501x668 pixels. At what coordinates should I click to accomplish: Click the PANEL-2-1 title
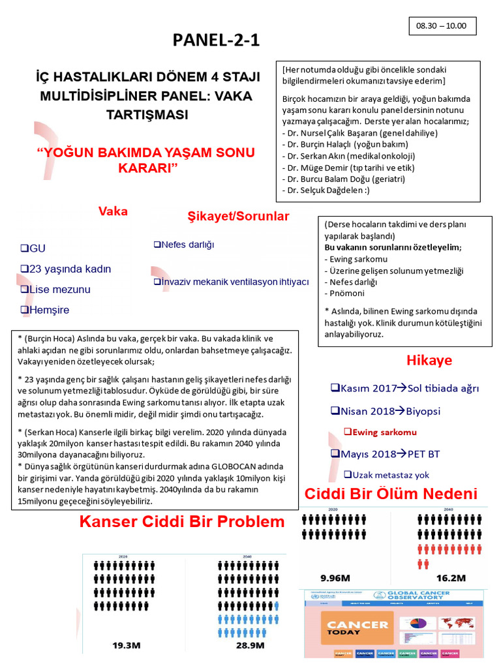tap(216, 40)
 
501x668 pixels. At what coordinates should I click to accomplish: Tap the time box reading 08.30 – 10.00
tap(442, 26)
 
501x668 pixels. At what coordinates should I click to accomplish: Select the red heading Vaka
tap(113, 211)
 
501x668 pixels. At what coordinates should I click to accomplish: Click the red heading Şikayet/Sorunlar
tap(238, 216)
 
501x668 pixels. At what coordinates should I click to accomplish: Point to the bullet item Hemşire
tap(45, 310)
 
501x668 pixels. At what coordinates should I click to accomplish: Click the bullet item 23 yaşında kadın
tap(66, 269)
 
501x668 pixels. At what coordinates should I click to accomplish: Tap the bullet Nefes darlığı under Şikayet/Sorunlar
tap(184, 245)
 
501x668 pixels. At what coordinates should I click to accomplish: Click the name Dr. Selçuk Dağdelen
tap(323, 190)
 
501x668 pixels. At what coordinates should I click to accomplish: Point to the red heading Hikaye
tap(429, 361)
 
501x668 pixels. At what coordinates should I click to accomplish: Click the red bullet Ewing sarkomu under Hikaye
tap(380, 432)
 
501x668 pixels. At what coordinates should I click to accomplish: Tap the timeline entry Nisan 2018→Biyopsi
tap(386, 411)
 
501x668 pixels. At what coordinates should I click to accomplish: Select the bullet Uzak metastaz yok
tap(386, 474)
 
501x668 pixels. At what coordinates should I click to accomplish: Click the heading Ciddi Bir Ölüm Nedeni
tap(391, 494)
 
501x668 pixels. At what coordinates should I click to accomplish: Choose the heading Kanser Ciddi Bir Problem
tap(182, 522)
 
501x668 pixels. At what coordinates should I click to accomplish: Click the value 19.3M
tap(127, 645)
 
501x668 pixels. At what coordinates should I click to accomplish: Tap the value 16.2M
tap(451, 577)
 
